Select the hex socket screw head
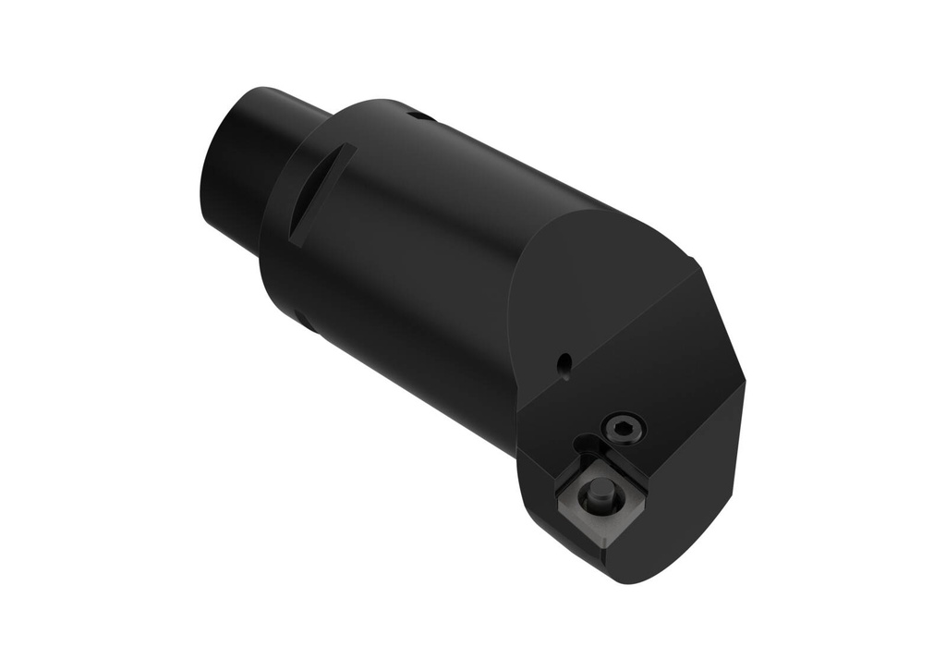[623, 428]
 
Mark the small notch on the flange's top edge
[420, 116]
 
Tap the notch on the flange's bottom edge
[306, 323]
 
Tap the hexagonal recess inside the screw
[623, 428]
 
